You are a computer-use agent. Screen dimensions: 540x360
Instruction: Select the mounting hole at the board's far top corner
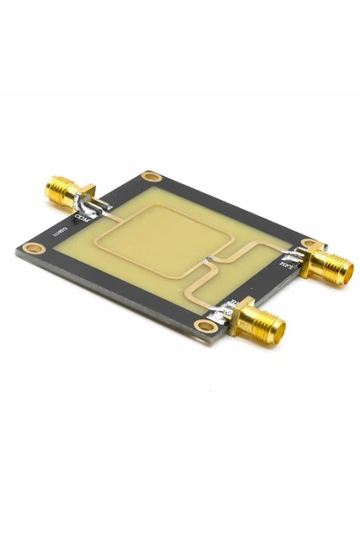150,176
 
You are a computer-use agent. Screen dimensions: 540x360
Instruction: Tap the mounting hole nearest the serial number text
35,247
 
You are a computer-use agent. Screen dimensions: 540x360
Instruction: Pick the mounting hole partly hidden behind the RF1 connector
309,244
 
